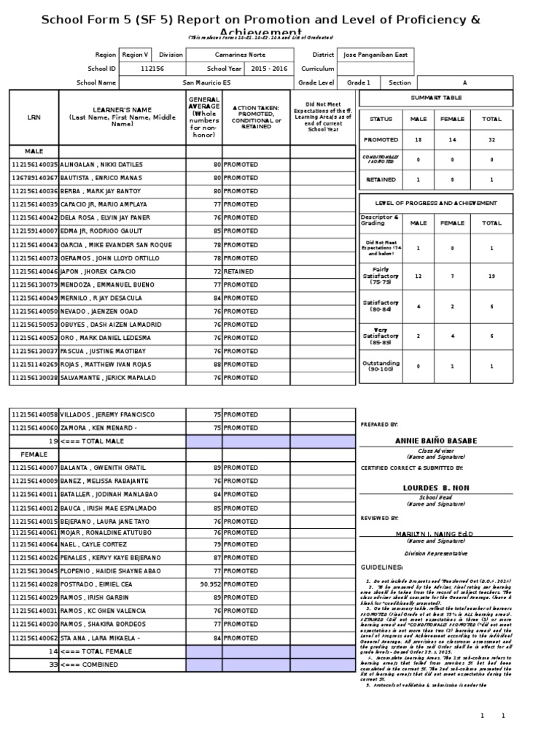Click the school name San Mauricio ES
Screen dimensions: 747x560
(x=207, y=82)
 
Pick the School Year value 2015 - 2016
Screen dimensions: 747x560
(x=268, y=68)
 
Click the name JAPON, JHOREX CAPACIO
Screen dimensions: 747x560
(x=98, y=271)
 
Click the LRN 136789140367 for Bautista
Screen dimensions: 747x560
(x=34, y=178)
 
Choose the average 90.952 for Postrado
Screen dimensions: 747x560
(x=210, y=584)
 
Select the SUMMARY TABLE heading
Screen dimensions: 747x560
(x=435, y=97)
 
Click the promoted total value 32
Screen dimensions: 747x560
(x=491, y=139)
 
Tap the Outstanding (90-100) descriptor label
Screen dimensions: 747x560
(x=380, y=365)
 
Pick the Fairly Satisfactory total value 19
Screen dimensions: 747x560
(x=491, y=276)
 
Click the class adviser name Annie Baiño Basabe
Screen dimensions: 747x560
(x=436, y=441)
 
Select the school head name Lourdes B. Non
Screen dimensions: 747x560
(x=436, y=487)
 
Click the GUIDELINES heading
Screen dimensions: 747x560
(x=382, y=567)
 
